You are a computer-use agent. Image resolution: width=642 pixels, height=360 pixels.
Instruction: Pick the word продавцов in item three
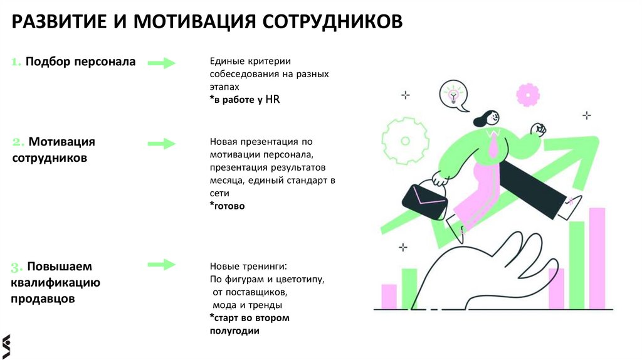[43, 299]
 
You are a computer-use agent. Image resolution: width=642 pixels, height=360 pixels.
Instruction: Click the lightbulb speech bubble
[453, 96]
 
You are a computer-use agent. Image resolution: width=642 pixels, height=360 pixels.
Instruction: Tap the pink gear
[527, 95]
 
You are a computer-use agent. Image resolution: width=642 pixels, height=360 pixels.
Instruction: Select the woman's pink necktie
[493, 148]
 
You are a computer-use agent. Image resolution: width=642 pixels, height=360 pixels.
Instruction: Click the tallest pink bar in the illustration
[597, 258]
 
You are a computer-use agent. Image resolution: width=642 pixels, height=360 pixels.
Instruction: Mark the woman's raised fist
[538, 129]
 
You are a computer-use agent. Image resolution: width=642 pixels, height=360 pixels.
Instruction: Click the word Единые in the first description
[224, 61]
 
